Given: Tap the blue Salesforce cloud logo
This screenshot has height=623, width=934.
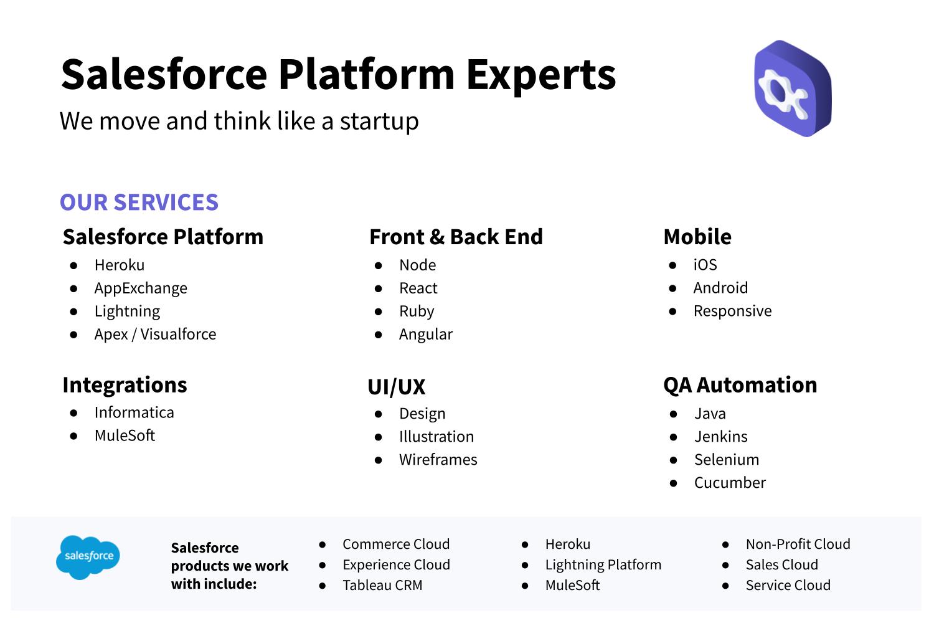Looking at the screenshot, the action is [88, 557].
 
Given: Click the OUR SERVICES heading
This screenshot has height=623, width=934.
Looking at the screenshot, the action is [139, 202].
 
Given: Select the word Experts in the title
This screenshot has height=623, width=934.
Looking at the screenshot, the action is [541, 75].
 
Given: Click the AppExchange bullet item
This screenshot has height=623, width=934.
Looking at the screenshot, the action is [141, 288].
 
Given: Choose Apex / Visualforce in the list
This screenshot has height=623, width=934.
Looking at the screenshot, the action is [155, 335].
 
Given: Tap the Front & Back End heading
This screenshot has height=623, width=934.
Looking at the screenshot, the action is [456, 237].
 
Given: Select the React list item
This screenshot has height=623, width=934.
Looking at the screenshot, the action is [418, 288].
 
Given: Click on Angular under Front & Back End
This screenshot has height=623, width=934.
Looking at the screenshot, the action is [426, 335].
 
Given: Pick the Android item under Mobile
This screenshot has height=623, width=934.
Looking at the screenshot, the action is [720, 288].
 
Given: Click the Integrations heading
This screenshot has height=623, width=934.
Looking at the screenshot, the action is [125, 385].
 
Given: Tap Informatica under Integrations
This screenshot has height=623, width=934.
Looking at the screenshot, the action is [134, 412].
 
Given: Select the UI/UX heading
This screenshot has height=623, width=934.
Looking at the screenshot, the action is [396, 387].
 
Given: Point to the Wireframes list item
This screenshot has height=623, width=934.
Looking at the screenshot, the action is [438, 459].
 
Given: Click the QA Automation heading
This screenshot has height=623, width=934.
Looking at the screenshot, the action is [740, 385].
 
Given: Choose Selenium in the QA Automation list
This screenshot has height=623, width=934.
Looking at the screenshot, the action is [727, 459].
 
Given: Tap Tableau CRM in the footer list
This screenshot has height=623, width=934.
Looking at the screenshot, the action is [382, 585].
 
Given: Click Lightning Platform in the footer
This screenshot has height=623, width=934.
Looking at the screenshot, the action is [603, 565].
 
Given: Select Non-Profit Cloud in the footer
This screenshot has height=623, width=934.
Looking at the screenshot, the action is [798, 544].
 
